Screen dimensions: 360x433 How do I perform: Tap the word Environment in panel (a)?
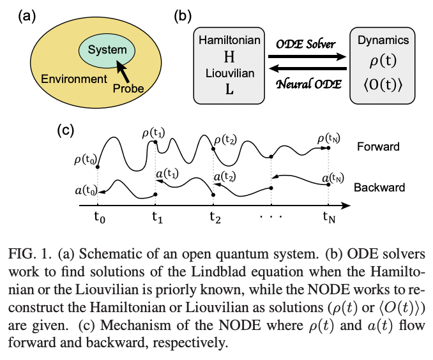73,80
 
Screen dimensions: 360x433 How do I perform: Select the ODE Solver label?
307,43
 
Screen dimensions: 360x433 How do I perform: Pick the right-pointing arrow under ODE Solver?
307,56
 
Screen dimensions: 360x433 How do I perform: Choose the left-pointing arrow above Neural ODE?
307,69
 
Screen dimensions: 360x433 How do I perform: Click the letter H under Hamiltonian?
229,56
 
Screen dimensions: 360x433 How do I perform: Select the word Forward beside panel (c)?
379,147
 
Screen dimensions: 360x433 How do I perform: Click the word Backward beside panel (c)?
379,188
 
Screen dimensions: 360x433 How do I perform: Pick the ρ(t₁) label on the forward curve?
155,133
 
